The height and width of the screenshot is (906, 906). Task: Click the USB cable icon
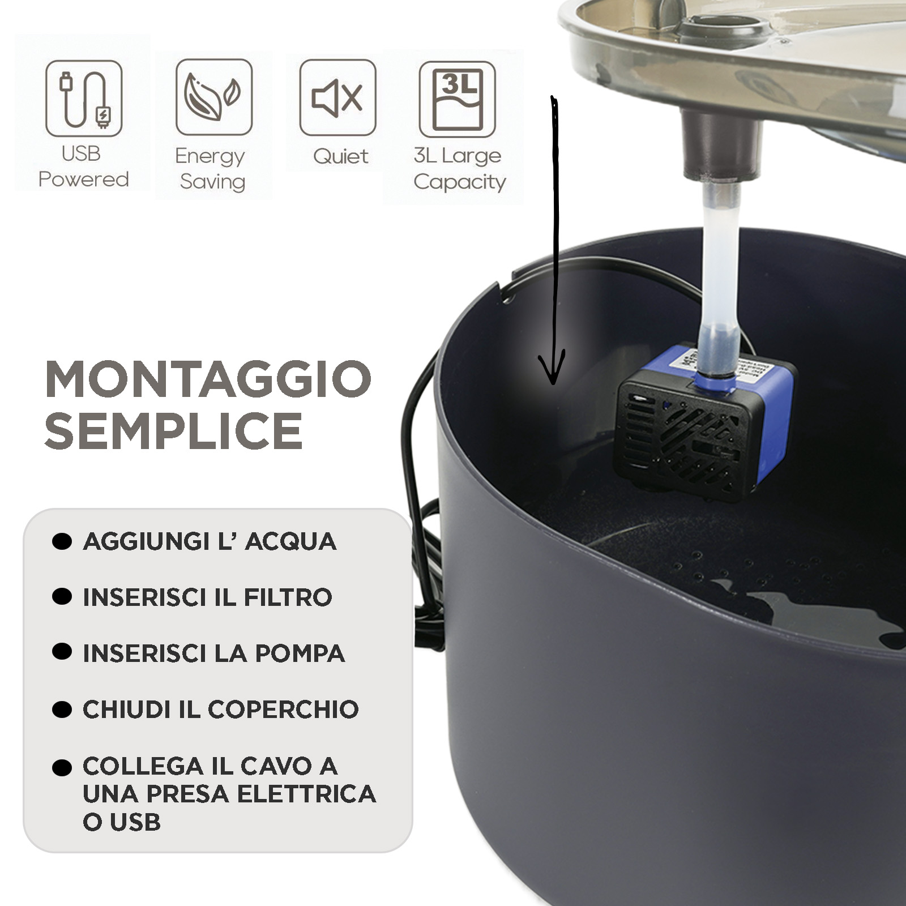84,98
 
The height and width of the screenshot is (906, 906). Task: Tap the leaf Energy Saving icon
214,97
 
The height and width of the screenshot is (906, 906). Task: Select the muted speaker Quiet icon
337,97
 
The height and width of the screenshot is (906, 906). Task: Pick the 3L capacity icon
458,99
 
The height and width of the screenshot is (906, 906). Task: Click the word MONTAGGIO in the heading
208,379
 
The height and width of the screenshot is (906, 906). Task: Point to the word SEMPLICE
173,431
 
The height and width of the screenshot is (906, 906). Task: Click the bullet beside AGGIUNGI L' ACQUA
62,541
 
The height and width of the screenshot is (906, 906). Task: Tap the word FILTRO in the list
288,597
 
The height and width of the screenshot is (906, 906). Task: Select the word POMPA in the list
300,653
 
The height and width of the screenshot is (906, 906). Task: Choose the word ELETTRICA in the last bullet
307,794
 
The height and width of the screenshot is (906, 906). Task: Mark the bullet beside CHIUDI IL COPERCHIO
62,710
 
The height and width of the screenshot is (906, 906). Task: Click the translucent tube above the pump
719,277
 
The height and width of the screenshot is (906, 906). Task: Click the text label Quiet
340,156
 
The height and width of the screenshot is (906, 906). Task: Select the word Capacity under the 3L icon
460,182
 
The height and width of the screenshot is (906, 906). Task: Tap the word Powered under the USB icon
84,180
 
